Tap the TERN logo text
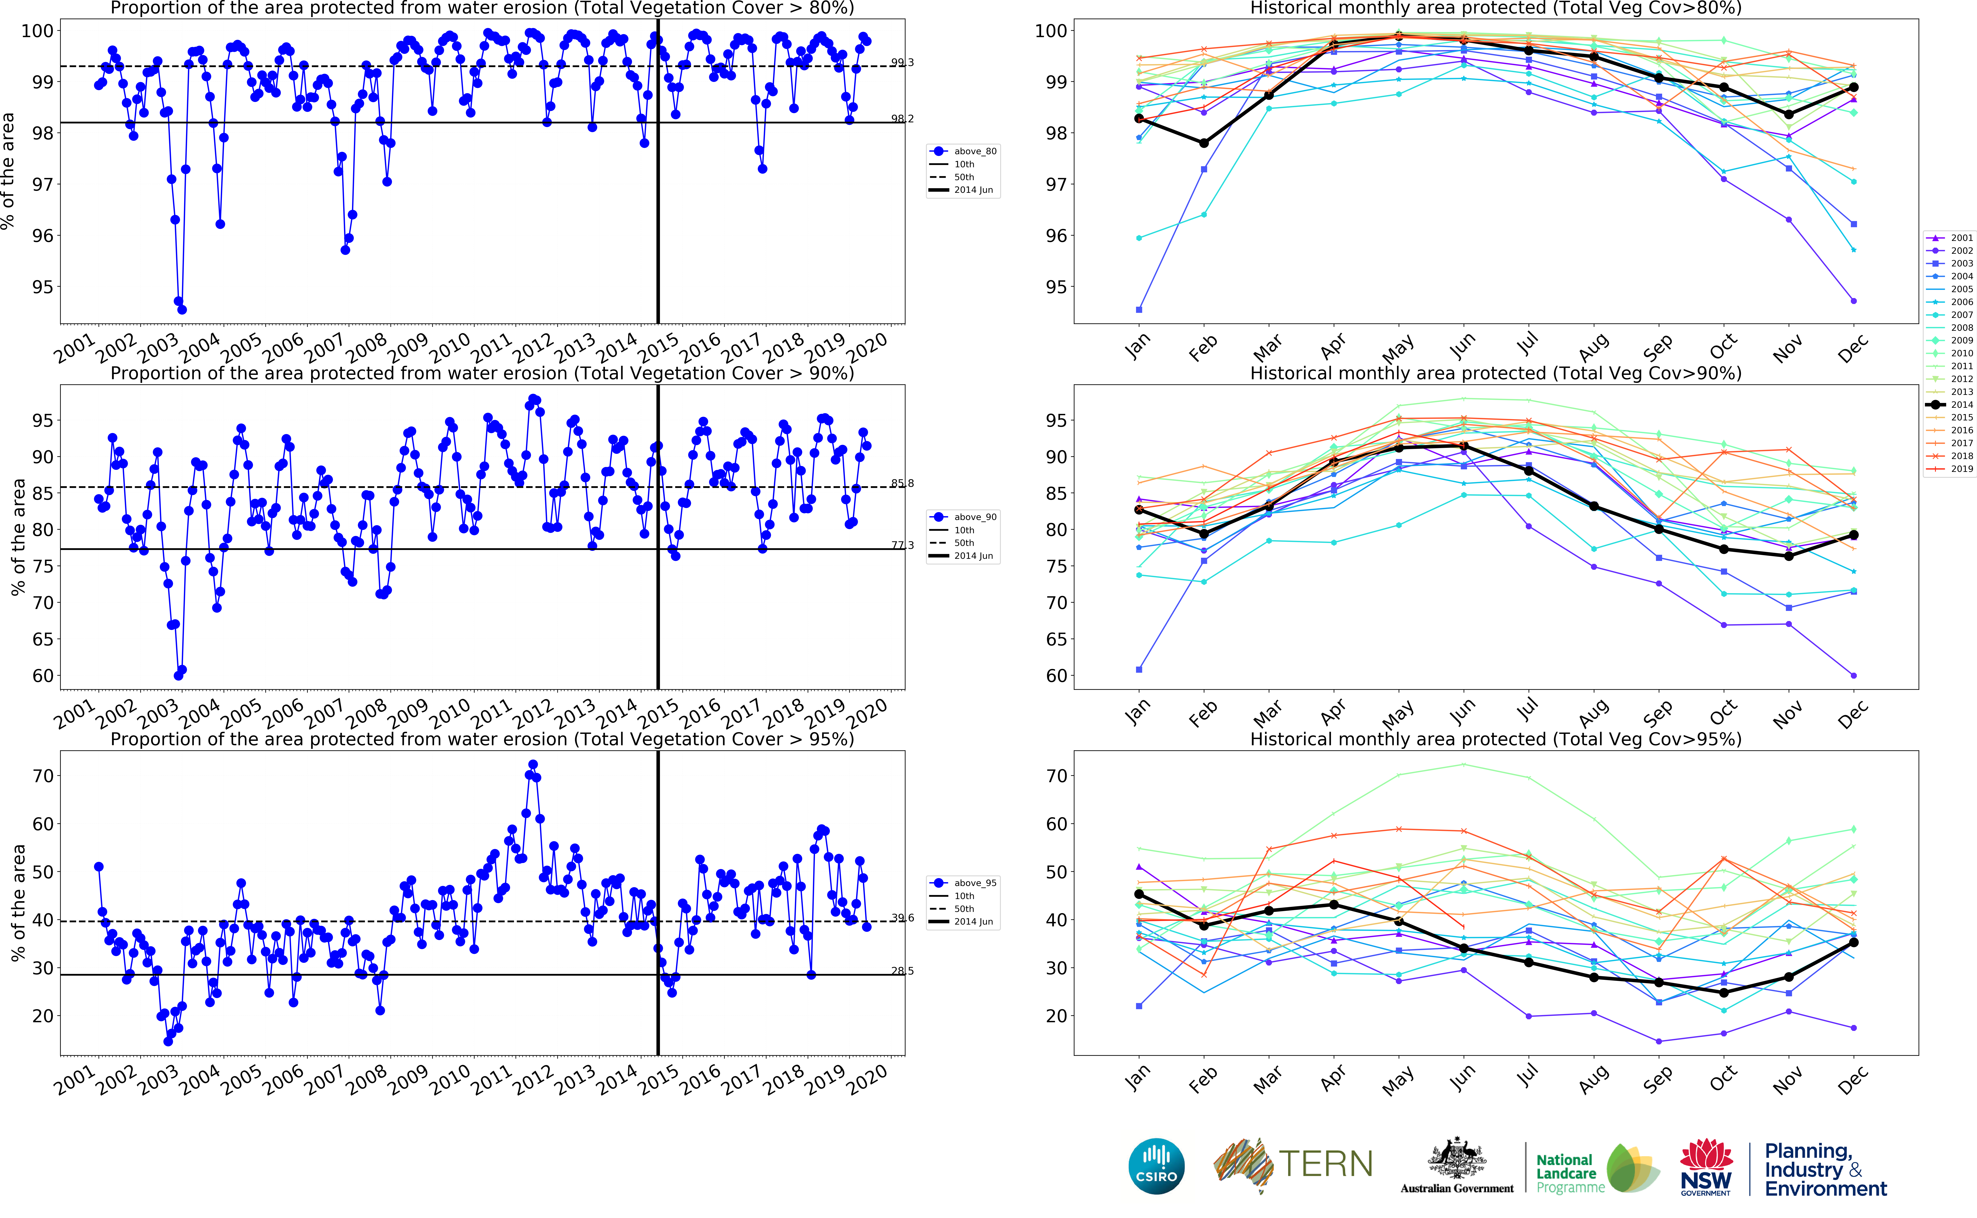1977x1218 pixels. (1325, 1164)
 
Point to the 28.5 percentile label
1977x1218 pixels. (902, 971)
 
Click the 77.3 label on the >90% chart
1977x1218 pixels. (902, 545)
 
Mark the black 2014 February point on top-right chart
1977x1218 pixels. (1204, 143)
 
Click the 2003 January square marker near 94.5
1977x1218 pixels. (1139, 309)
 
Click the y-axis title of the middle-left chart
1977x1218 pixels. (18, 537)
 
